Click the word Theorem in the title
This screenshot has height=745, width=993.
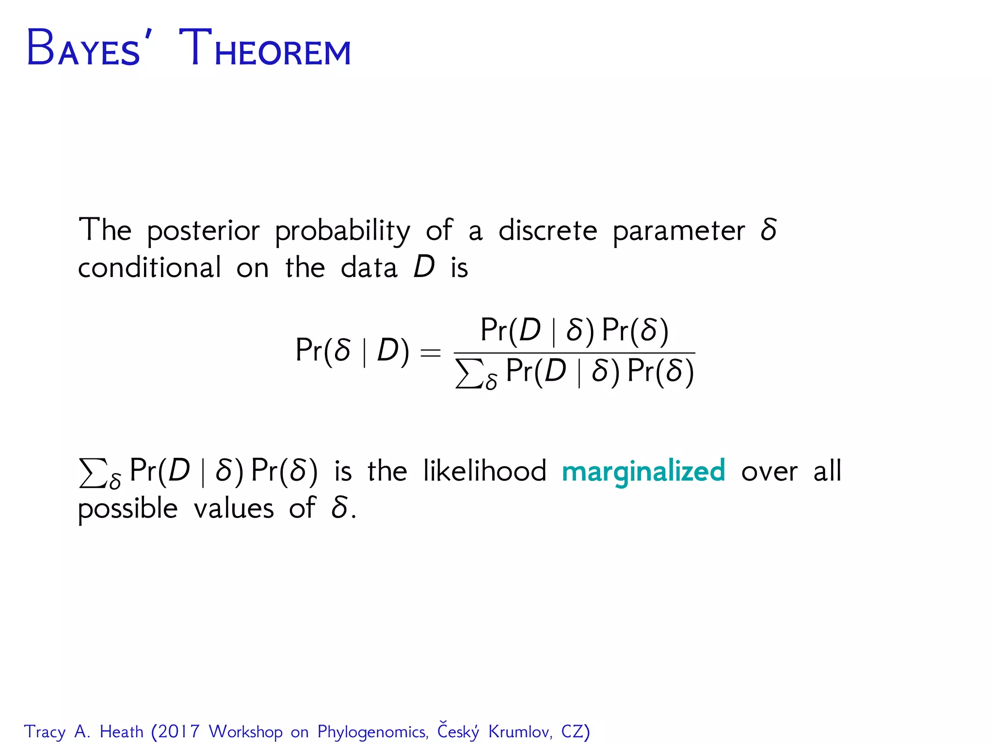tap(265, 49)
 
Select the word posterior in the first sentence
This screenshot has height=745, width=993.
tap(203, 231)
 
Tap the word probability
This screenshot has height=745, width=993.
tap(342, 231)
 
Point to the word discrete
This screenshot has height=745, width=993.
tap(548, 230)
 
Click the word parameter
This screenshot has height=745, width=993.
tap(678, 231)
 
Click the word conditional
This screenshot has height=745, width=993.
tap(149, 268)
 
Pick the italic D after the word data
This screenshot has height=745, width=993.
tap(424, 267)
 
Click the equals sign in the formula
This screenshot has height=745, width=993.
tap(430, 353)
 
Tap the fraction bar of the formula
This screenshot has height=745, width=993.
tap(574, 353)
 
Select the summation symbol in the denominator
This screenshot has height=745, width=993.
tap(469, 373)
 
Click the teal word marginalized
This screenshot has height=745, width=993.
tap(643, 471)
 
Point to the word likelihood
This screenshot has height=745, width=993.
tap(484, 470)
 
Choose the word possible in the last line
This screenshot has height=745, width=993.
tap(128, 509)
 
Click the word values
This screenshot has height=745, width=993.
tap(234, 508)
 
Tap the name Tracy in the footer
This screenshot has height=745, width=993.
tap(45, 732)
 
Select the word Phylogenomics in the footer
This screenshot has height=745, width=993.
tap(372, 732)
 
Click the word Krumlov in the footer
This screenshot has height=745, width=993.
tap(520, 731)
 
